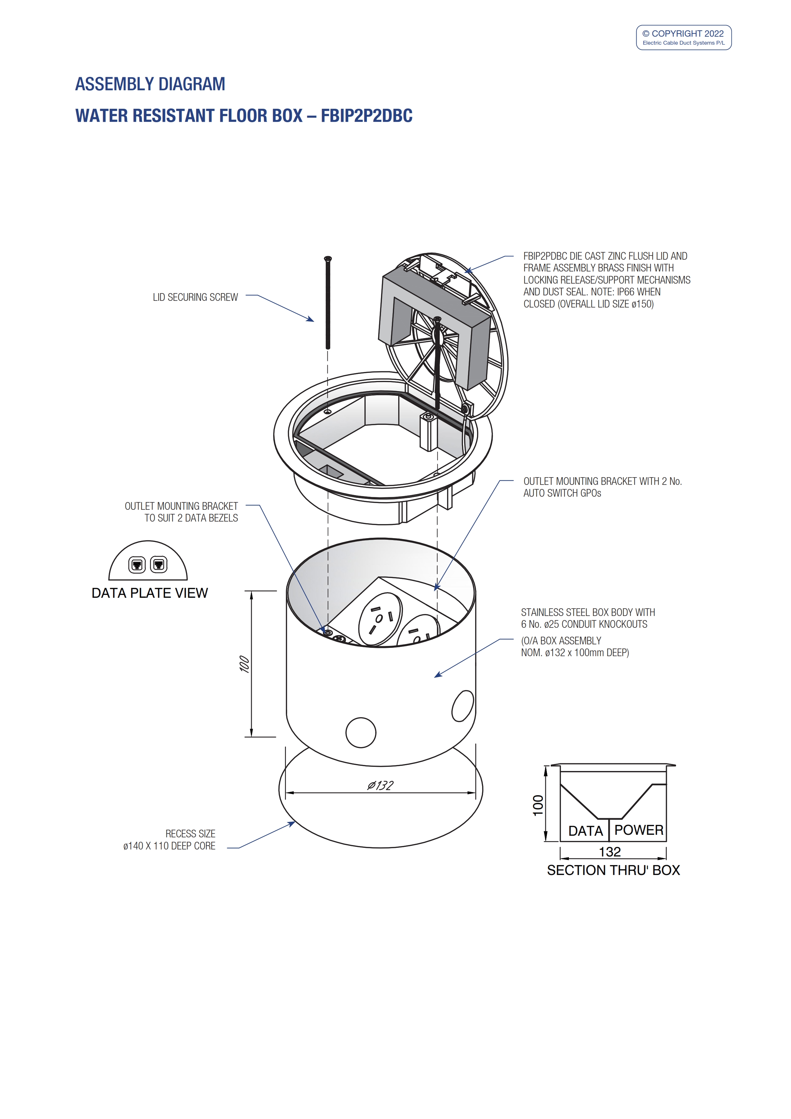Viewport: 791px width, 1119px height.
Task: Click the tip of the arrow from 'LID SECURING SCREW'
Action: click(x=314, y=321)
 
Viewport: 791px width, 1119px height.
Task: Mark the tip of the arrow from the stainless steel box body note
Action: click(x=434, y=677)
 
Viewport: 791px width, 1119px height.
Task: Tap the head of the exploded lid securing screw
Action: click(x=328, y=258)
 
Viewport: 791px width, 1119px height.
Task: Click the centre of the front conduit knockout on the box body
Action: click(x=361, y=732)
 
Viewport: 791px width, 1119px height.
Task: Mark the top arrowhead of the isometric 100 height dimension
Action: click(x=251, y=592)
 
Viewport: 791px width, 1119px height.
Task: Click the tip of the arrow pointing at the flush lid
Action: click(x=466, y=271)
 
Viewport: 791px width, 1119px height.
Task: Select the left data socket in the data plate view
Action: click(x=137, y=565)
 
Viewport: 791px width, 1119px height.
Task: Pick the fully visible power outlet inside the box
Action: click(x=380, y=619)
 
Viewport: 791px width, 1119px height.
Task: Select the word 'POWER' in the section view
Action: click(x=638, y=830)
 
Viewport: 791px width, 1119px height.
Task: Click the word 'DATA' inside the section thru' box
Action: click(x=586, y=831)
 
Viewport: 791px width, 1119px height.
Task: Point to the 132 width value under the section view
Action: click(x=610, y=852)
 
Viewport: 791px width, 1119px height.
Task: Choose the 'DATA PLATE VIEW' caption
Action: click(x=150, y=593)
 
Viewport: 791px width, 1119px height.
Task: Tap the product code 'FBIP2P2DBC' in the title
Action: click(x=367, y=116)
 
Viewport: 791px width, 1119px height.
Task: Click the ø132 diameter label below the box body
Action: click(x=380, y=785)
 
